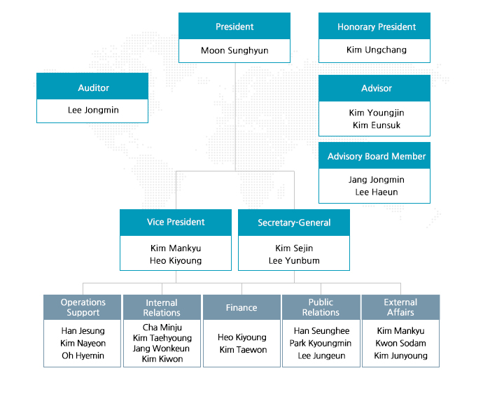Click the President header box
pos(234,26)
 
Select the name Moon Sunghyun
pos(234,50)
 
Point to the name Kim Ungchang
pos(377,50)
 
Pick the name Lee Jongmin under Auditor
pos(93,110)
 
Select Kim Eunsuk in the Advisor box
pos(377,125)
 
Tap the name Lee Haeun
pos(377,192)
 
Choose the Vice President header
pos(176,223)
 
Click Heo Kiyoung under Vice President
pos(176,261)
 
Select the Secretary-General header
pos(294,223)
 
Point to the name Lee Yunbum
pos(294,261)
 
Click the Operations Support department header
pos(82,307)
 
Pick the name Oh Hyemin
pos(83,356)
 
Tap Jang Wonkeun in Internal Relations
pos(162,349)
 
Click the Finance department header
pos(241,307)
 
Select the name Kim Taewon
pos(243,350)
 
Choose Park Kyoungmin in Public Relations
pos(321,343)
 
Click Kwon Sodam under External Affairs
pos(400,343)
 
